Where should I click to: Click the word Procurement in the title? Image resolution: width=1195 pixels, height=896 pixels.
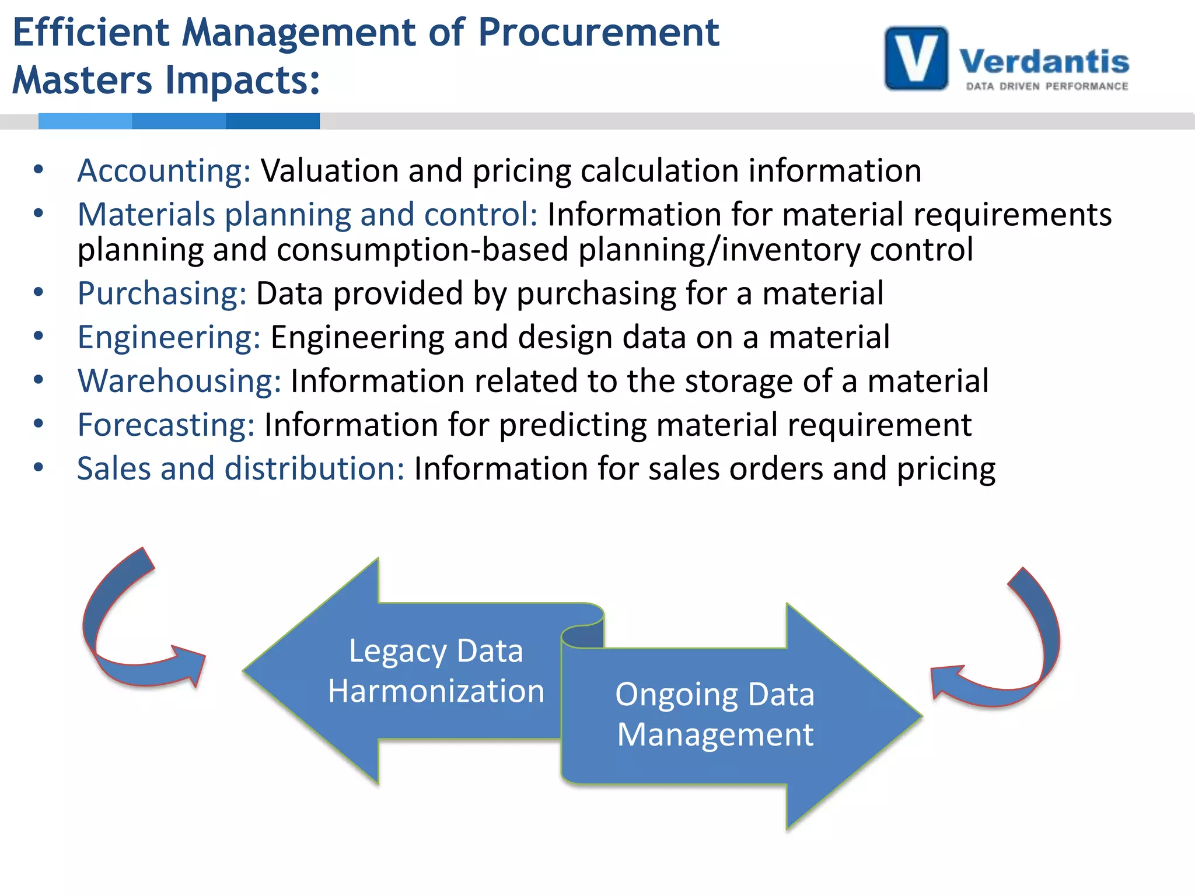598,33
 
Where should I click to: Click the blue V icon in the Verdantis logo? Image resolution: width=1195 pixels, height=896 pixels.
916,58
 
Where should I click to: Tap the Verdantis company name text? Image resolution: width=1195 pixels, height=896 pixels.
1044,61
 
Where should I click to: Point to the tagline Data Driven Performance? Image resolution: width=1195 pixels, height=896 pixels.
1047,86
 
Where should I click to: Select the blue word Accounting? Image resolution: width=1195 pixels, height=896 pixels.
164,171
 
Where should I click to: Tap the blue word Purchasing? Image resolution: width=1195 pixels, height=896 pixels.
162,293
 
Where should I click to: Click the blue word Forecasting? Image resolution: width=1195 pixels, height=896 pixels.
166,425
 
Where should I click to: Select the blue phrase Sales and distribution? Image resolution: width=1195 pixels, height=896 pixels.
240,469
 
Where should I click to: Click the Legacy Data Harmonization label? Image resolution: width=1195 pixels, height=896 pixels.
436,671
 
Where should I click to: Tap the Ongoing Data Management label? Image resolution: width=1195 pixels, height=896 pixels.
715,714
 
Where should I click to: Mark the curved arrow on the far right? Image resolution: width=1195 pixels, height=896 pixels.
1015,647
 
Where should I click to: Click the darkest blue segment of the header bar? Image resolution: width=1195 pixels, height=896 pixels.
272,121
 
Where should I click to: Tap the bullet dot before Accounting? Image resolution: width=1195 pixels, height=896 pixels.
39,170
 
